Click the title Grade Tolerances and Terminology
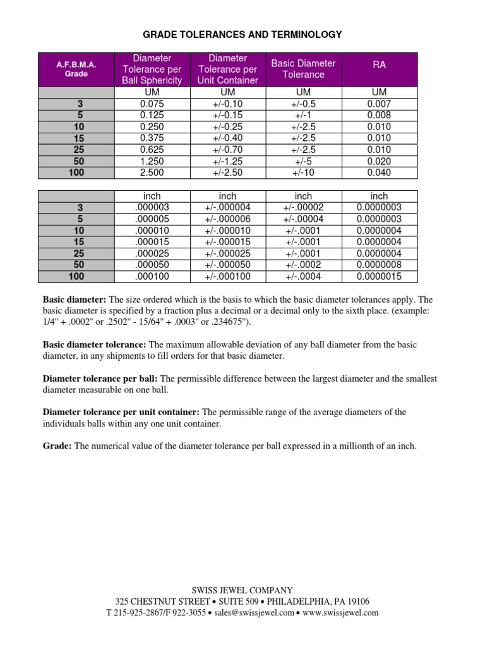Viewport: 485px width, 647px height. click(x=242, y=35)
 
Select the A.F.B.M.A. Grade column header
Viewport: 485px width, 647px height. click(x=76, y=70)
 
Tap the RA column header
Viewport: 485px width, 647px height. click(x=379, y=63)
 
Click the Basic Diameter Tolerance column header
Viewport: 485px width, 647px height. click(x=303, y=69)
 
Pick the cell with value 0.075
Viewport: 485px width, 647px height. click(x=152, y=104)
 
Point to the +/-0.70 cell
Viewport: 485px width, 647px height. click(x=227, y=150)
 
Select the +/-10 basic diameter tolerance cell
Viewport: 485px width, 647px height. click(x=303, y=172)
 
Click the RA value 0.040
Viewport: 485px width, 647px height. click(x=379, y=172)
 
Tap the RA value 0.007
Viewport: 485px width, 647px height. click(x=379, y=104)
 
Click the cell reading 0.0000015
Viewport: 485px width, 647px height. click(x=379, y=276)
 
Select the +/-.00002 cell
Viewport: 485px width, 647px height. click(x=303, y=208)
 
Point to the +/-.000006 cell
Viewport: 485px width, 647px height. click(x=227, y=219)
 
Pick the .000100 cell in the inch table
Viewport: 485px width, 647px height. click(x=152, y=276)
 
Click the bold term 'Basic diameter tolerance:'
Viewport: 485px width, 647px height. click(x=94, y=344)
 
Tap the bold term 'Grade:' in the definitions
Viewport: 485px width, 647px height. click(x=57, y=446)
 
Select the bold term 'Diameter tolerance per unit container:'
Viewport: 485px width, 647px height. click(x=121, y=412)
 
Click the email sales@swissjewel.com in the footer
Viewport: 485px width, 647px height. click(x=253, y=612)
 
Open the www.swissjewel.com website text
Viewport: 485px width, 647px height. click(x=341, y=612)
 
